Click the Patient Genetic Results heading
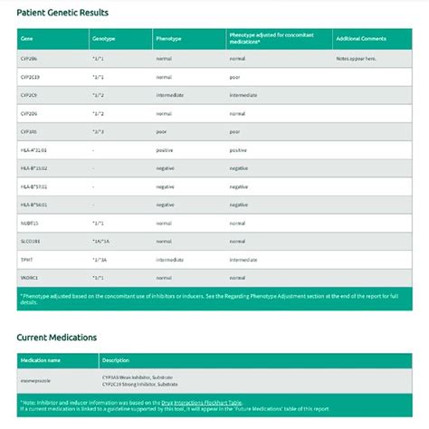62,13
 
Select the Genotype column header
104,39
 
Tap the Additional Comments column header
361,39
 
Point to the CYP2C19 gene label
32,77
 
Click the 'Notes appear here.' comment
357,59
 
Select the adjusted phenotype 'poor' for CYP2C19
237,77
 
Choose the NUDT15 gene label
30,223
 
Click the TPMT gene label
26,259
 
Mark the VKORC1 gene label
30,277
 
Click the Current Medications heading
57,338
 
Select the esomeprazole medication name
36,383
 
